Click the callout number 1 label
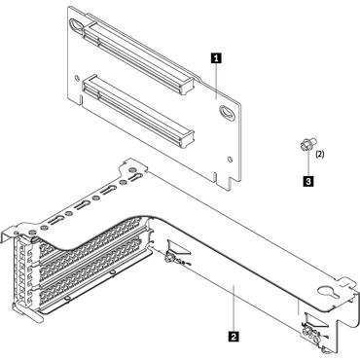click(214, 57)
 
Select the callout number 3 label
click(308, 181)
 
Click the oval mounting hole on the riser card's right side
click(226, 112)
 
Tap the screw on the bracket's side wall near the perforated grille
click(172, 259)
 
